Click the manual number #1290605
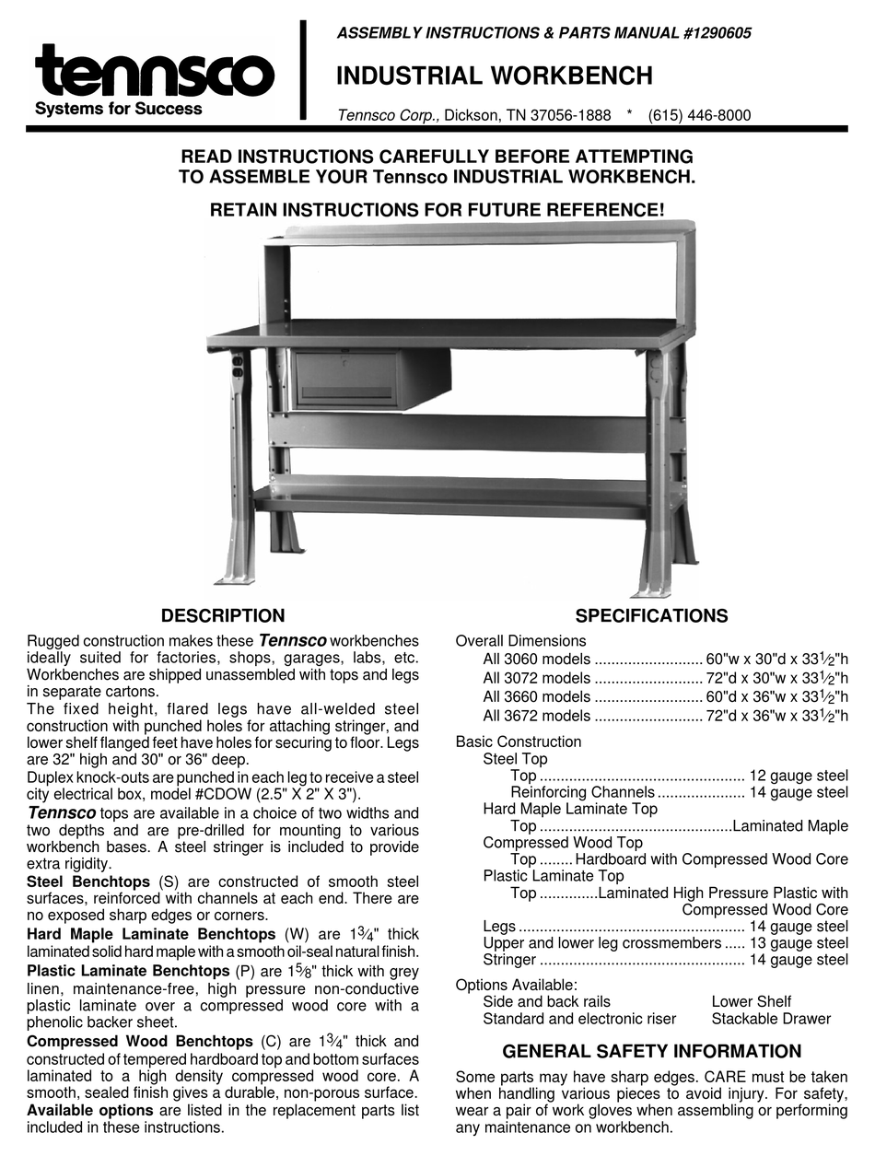click(x=706, y=33)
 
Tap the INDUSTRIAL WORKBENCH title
click(x=495, y=76)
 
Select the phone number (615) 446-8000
click(x=699, y=115)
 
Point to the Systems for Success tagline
click(x=118, y=109)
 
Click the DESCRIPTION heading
click(x=223, y=616)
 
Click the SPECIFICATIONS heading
click(x=651, y=616)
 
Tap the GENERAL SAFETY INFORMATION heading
click(x=651, y=1051)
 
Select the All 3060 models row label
click(x=536, y=659)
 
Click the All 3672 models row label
click(x=536, y=716)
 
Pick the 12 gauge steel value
click(x=799, y=776)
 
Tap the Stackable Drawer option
click(x=771, y=1018)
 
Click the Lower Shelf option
click(x=751, y=1001)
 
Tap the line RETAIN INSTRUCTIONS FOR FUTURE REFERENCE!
click(x=437, y=209)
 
